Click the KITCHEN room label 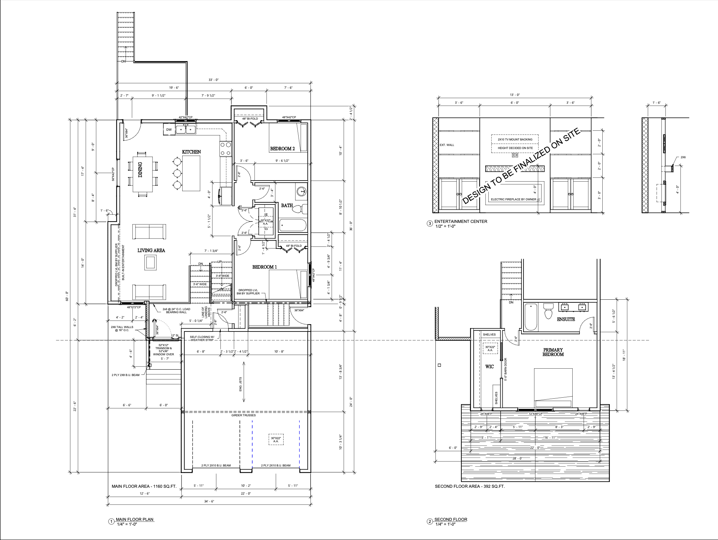[191, 152]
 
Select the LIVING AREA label [151, 251]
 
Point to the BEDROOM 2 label [282, 149]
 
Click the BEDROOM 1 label [264, 267]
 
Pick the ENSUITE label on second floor [566, 319]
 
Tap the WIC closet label [490, 367]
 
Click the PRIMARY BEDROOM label [553, 352]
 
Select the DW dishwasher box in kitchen [169, 130]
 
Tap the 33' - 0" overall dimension [214, 80]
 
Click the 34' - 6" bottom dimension [209, 501]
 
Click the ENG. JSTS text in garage [241, 384]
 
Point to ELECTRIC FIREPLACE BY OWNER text [514, 199]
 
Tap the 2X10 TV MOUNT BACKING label [515, 140]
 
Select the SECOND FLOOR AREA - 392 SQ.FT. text [470, 486]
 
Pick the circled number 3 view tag [430, 224]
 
